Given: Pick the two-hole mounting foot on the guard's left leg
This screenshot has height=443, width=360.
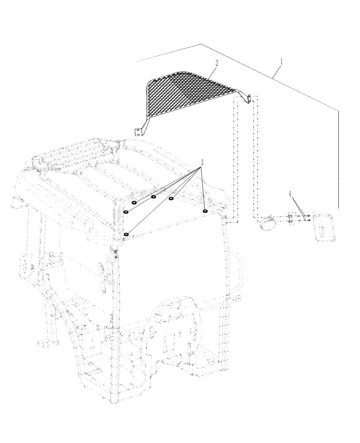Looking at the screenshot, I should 140,131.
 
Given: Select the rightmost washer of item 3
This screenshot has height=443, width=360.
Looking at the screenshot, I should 205,211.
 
